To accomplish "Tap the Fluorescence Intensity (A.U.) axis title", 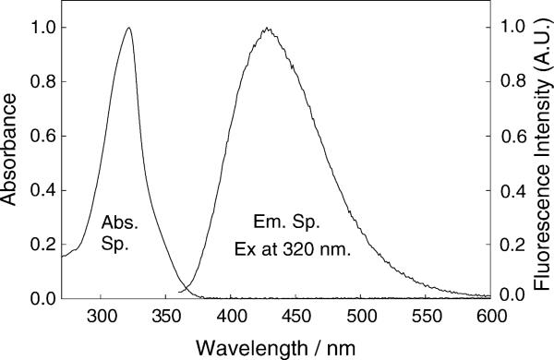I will click(542, 162).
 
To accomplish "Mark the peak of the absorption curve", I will click(128, 28).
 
